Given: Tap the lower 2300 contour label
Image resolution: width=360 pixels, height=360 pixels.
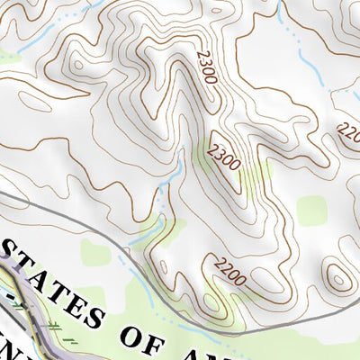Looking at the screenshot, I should tap(223, 157).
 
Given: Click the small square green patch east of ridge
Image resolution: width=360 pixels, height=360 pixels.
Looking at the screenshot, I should tap(312, 211).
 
